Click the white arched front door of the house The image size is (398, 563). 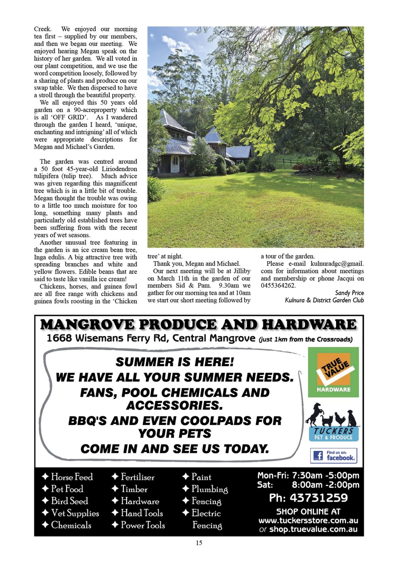(x=175, y=164)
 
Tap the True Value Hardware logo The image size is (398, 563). (x=333, y=372)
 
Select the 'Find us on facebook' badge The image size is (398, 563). (x=334, y=455)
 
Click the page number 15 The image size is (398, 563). (x=199, y=543)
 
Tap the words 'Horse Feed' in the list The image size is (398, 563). (x=72, y=477)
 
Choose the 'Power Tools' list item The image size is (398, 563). (x=143, y=525)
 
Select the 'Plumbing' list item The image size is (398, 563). (x=209, y=489)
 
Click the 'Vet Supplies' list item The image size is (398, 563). (x=75, y=513)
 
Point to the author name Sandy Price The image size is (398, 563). (x=349, y=293)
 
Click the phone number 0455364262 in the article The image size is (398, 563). (x=278, y=286)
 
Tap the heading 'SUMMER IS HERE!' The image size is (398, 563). (x=175, y=362)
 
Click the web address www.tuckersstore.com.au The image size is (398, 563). (x=308, y=520)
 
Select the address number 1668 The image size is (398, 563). (x=59, y=338)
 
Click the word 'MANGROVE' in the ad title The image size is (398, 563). (x=87, y=325)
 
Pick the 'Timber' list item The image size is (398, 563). (x=134, y=489)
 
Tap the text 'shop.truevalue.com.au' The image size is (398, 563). (x=313, y=529)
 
